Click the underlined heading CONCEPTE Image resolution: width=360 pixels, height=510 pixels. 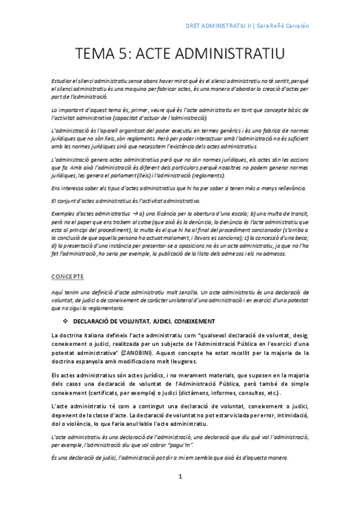[67, 276]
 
